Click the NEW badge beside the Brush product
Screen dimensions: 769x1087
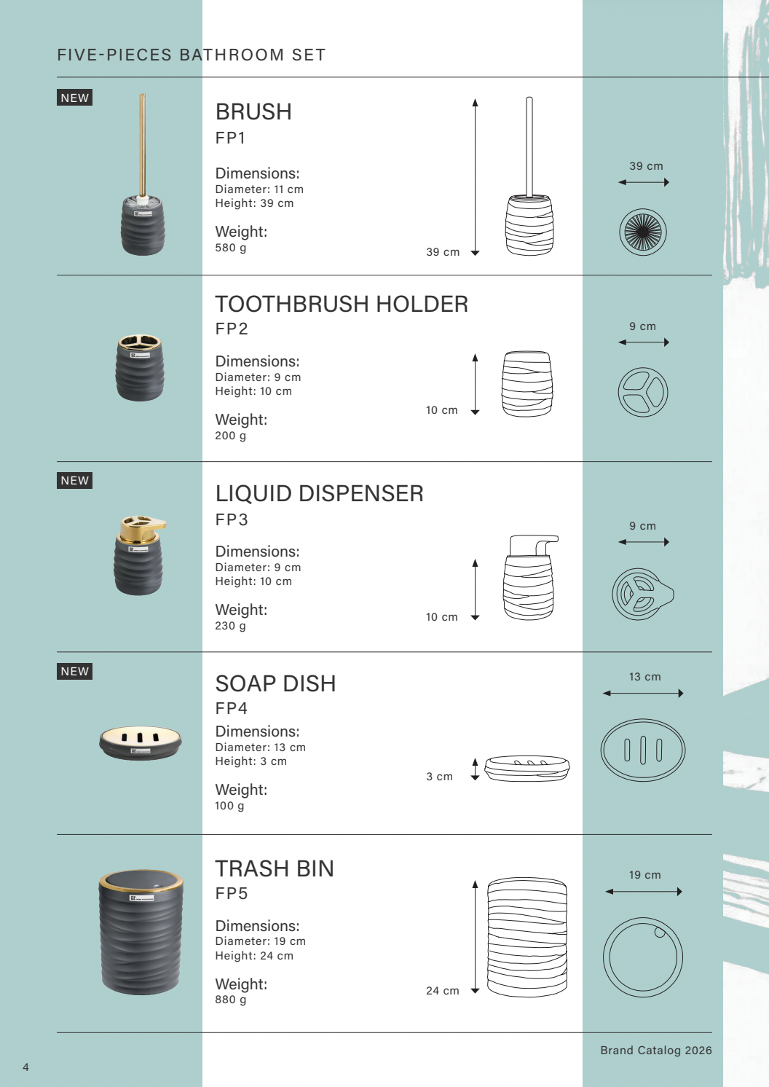[x=75, y=98]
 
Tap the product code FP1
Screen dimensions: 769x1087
[x=230, y=138]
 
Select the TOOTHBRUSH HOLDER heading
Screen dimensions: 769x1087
[x=342, y=305]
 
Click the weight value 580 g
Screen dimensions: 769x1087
[x=230, y=248]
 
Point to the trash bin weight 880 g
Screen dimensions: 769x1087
[x=230, y=1000]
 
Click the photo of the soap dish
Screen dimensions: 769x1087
[x=141, y=742]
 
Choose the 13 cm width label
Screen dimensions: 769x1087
[x=644, y=677]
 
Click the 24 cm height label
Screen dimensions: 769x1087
[x=443, y=990]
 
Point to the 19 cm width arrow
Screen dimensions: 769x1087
[x=644, y=892]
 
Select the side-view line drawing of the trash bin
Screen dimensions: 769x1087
[x=527, y=937]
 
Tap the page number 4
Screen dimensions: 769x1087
[x=25, y=1067]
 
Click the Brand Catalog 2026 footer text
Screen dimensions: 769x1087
[x=656, y=1050]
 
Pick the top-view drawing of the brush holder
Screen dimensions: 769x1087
[x=643, y=232]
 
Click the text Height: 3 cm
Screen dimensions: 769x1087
[x=251, y=761]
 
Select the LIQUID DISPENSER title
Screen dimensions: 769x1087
[x=319, y=493]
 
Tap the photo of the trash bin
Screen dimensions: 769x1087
[x=141, y=932]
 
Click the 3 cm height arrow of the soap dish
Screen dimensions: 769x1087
[x=475, y=769]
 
